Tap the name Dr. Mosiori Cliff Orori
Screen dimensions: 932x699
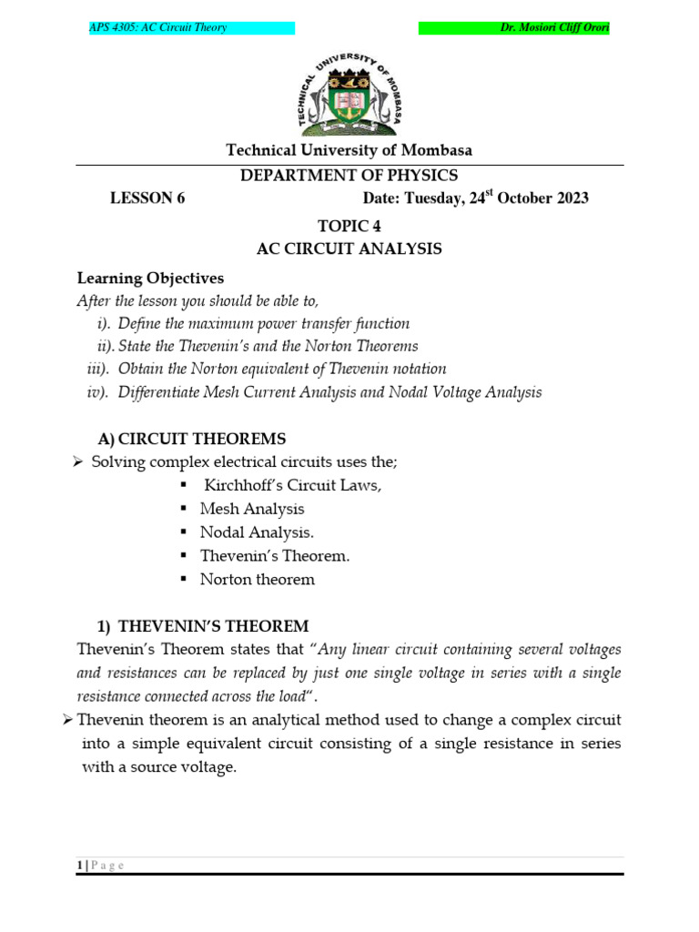[554, 28]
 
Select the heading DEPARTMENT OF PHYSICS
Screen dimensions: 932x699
[349, 176]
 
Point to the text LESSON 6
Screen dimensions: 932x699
[147, 198]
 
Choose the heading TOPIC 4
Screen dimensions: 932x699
[349, 227]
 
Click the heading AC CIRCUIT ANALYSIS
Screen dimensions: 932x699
[350, 248]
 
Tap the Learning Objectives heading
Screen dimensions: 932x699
[150, 278]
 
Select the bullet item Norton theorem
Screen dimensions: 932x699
[258, 580]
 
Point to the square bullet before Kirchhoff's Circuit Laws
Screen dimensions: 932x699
[184, 485]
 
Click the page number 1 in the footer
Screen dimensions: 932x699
[79, 866]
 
